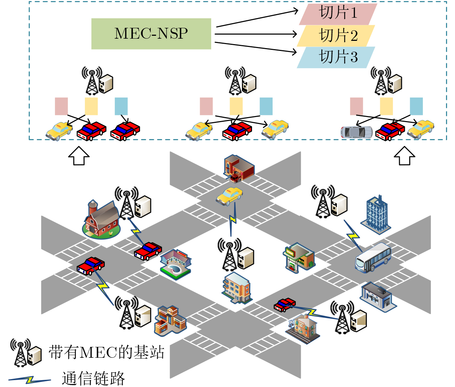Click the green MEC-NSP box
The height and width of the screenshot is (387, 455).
151,34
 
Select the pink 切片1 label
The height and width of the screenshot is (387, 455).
338,14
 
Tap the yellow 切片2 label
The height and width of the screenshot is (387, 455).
336,36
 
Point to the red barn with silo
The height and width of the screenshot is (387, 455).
101,219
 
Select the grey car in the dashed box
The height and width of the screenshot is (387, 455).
356,132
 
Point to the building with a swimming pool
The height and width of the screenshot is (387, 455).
175,264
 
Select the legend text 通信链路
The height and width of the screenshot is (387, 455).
93,378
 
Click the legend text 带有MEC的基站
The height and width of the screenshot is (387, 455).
107,352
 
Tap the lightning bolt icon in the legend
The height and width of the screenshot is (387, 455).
30,380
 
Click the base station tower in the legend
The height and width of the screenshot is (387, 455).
21,352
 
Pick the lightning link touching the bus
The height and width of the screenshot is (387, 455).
352,236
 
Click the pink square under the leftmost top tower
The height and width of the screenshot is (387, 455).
61,106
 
